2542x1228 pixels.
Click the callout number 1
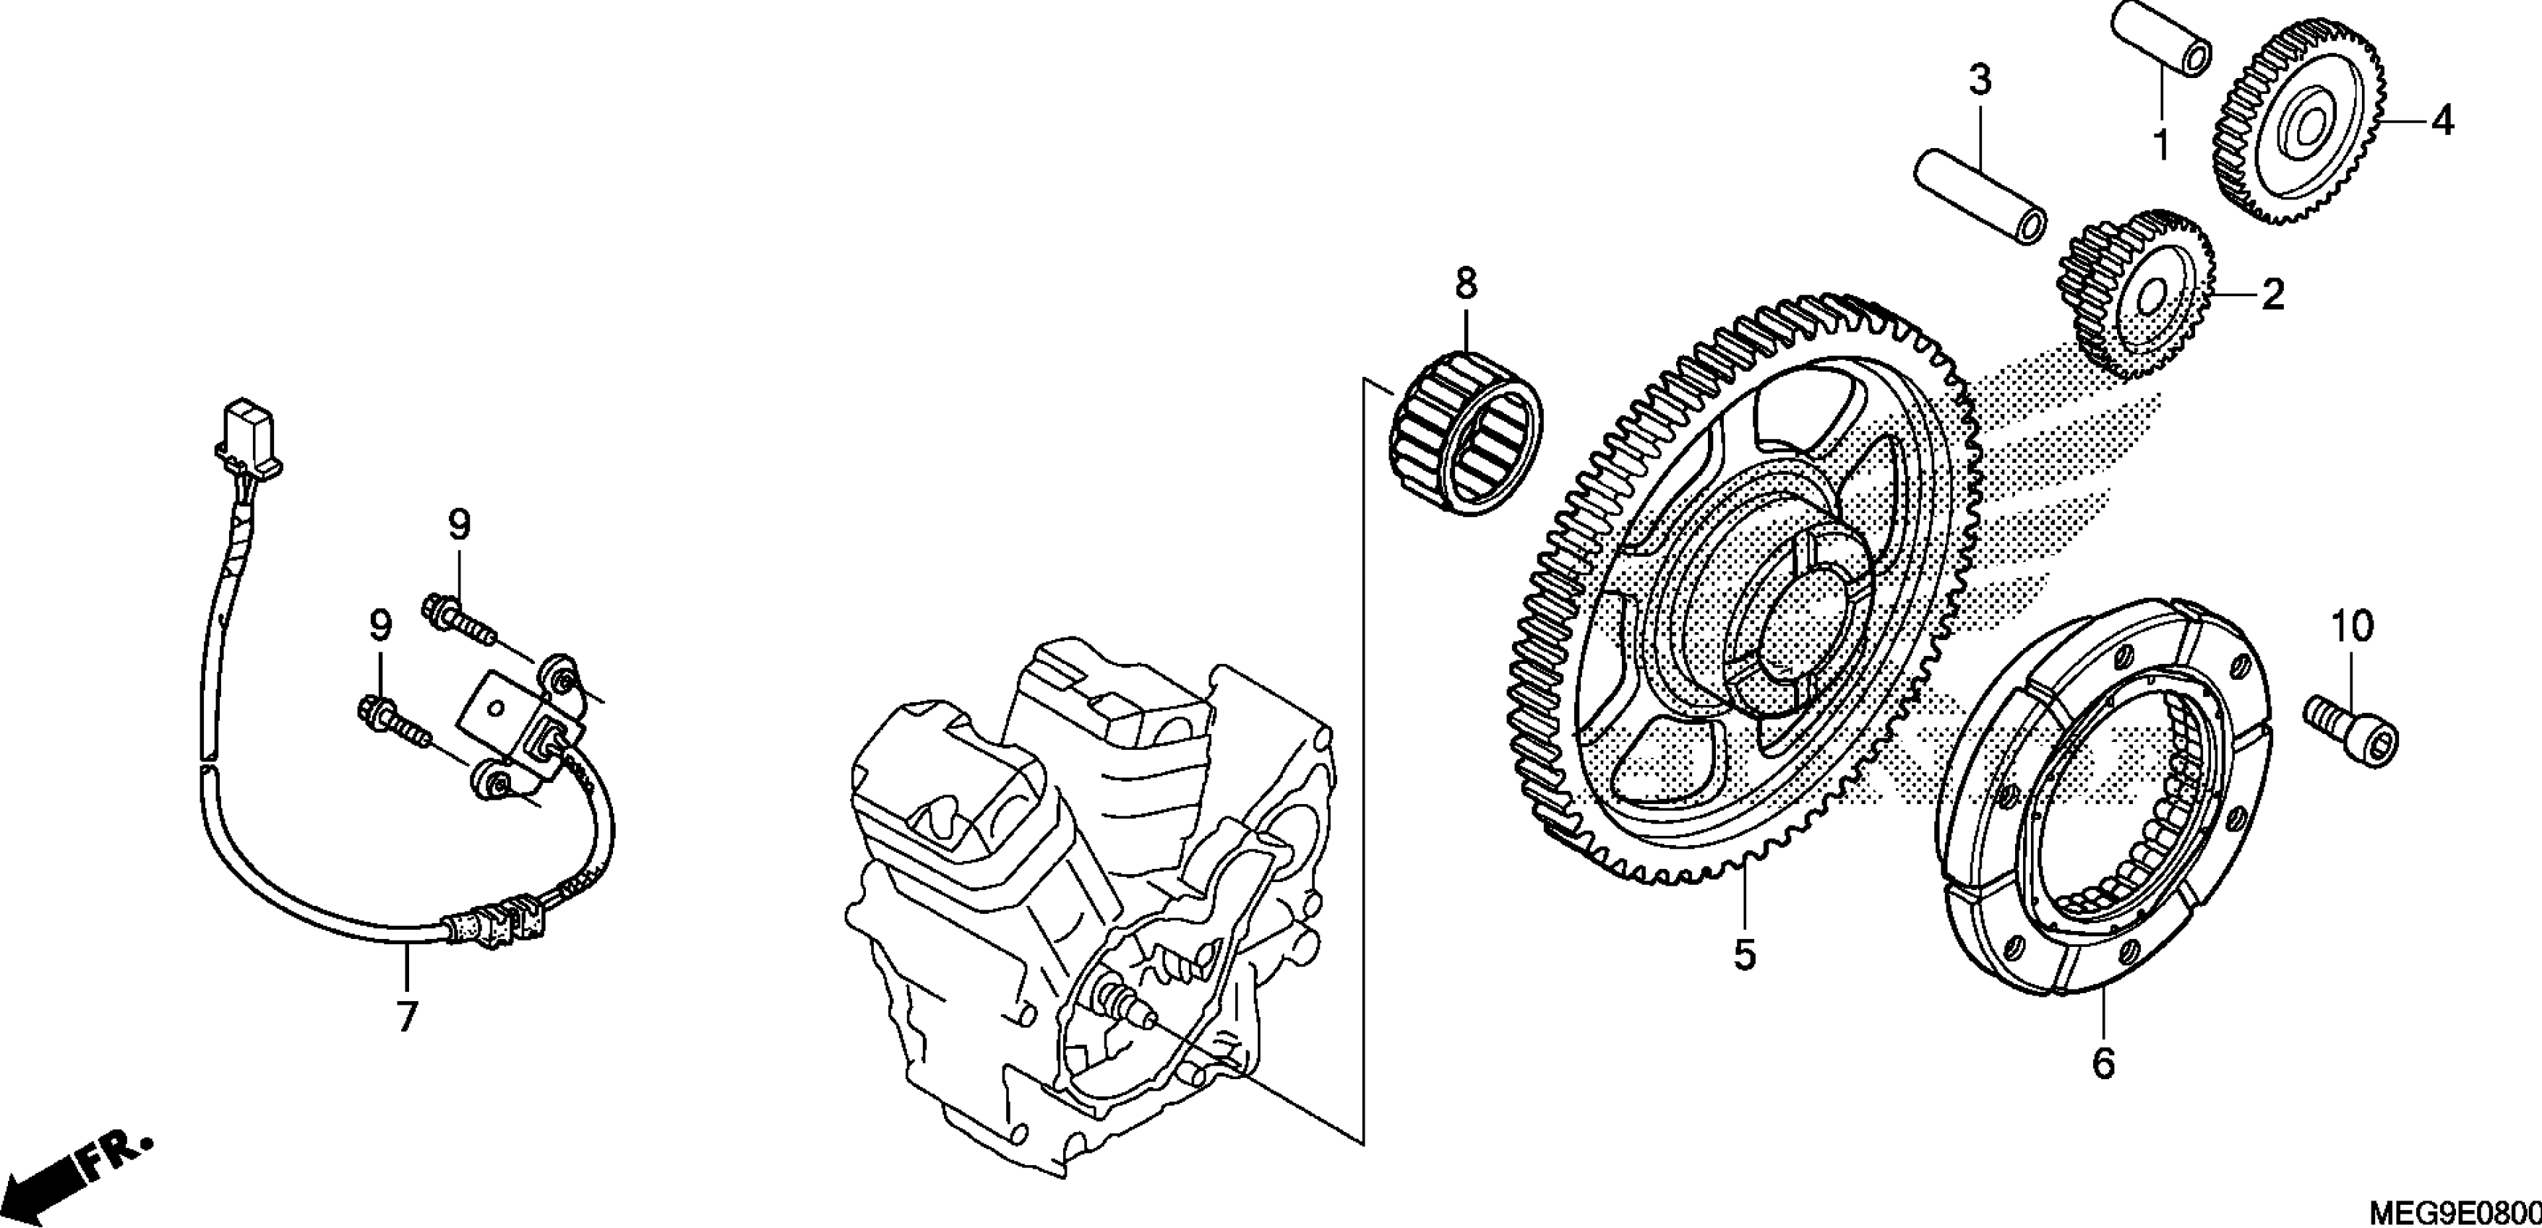pos(2160,146)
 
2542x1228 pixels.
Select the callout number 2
pos(2272,295)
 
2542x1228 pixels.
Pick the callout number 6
pos(2103,1063)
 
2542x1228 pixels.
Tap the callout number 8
pos(1467,284)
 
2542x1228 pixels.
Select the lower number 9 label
pos(380,626)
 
